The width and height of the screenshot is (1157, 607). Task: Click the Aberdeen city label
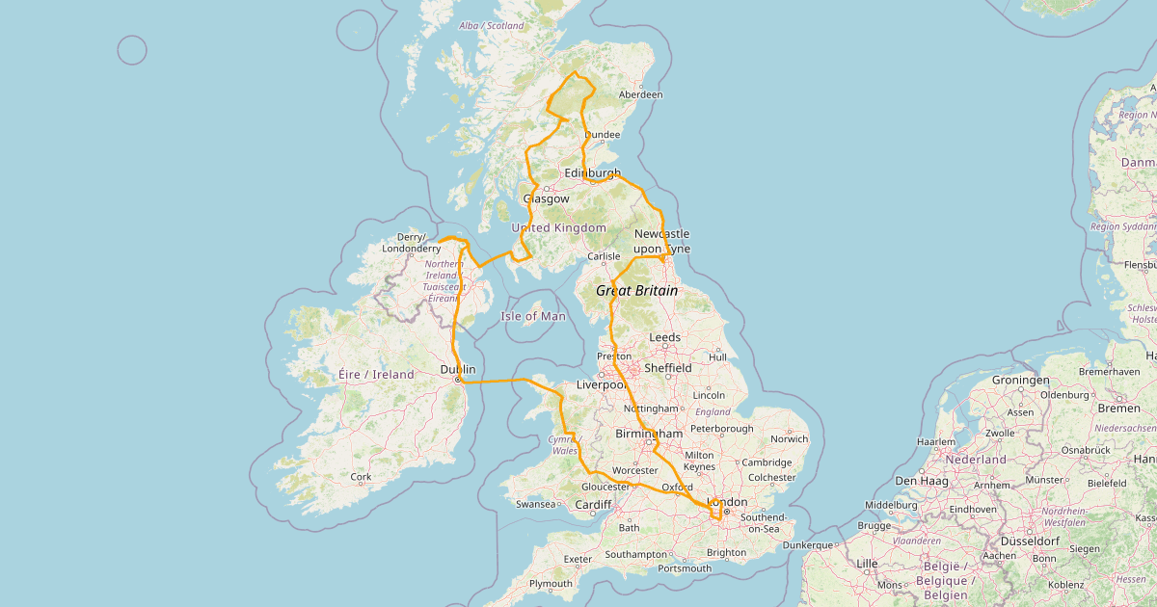point(641,94)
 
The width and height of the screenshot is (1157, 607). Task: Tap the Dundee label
point(603,134)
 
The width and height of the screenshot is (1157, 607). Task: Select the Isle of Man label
point(533,316)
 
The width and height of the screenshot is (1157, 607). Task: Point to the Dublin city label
point(458,369)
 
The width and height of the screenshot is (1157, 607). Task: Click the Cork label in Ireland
point(361,477)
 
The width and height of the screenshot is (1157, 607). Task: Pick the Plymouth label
point(551,584)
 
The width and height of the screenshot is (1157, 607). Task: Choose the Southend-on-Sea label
point(763,523)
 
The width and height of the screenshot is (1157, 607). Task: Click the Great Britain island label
point(636,290)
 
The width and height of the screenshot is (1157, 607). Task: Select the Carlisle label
point(604,256)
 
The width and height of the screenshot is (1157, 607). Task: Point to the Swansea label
point(536,504)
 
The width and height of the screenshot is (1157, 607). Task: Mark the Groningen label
point(1022,380)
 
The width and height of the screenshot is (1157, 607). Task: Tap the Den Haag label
point(918,480)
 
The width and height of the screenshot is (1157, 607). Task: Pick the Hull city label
point(717,357)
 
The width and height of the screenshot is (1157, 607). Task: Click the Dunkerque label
point(808,545)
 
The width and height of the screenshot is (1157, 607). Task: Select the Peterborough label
point(721,428)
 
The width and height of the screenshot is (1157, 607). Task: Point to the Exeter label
point(578,559)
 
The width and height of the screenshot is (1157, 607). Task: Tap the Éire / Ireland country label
point(376,374)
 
